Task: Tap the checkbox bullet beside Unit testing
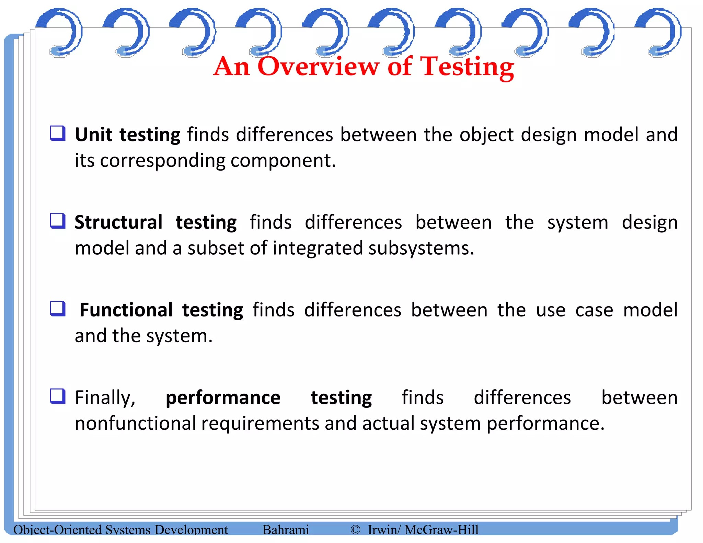point(58,133)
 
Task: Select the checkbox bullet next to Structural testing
point(58,221)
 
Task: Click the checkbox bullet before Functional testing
point(58,308)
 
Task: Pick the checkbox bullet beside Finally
point(58,396)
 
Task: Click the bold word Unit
point(93,134)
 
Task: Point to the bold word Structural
point(118,222)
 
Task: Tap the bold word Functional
point(126,310)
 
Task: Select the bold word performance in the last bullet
point(223,397)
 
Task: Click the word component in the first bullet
point(281,160)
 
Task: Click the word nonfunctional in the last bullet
point(135,423)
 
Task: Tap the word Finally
point(105,397)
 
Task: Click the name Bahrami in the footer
point(286,530)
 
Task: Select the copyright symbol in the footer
point(355,530)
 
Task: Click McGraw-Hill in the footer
point(441,530)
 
